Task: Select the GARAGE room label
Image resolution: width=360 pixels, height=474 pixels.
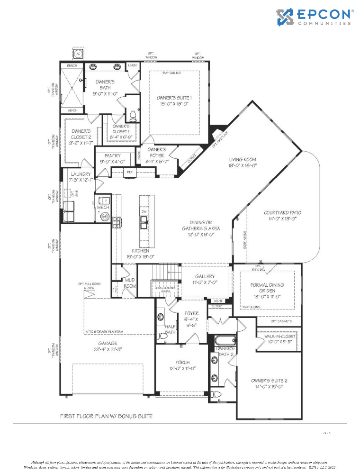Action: (x=108, y=344)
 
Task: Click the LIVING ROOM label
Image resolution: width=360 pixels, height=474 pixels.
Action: (x=243, y=160)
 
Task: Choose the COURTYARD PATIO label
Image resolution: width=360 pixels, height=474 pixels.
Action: (x=282, y=213)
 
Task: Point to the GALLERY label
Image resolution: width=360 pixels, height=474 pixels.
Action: (x=205, y=276)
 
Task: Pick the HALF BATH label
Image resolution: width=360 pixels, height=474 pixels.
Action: (x=170, y=329)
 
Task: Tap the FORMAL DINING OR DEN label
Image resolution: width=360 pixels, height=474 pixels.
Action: (x=268, y=288)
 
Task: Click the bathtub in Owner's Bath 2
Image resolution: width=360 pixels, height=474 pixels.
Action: (x=225, y=341)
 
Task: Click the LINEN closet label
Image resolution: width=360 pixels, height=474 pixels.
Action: (x=132, y=65)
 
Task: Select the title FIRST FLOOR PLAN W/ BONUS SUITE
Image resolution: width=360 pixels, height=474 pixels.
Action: (x=106, y=416)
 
